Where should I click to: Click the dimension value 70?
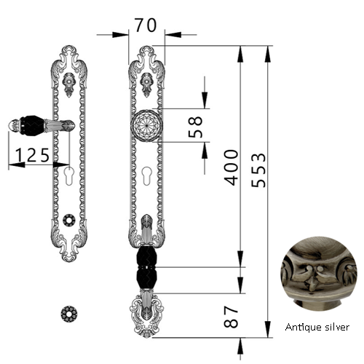click(x=146, y=25)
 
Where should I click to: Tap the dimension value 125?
click(x=33, y=155)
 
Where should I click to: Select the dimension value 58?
click(x=195, y=127)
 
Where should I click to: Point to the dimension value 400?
click(x=231, y=167)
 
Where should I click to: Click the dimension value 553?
click(x=258, y=170)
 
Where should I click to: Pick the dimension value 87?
click(x=231, y=317)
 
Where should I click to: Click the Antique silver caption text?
click(x=317, y=327)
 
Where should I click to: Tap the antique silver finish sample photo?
click(x=319, y=273)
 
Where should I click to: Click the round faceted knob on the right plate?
click(x=146, y=125)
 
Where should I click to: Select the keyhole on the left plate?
click(x=69, y=176)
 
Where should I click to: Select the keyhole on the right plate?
click(x=147, y=176)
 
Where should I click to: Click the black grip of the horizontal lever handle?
click(x=32, y=126)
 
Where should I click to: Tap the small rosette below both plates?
click(x=69, y=314)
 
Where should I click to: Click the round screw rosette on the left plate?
click(x=69, y=220)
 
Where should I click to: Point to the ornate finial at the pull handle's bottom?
click(x=146, y=314)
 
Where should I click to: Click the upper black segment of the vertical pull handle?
click(x=146, y=257)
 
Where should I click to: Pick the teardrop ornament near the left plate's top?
click(x=69, y=84)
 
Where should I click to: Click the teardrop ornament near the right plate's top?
click(x=147, y=84)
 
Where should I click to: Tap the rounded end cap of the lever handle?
click(x=14, y=125)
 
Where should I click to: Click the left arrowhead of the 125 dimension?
click(x=17, y=165)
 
